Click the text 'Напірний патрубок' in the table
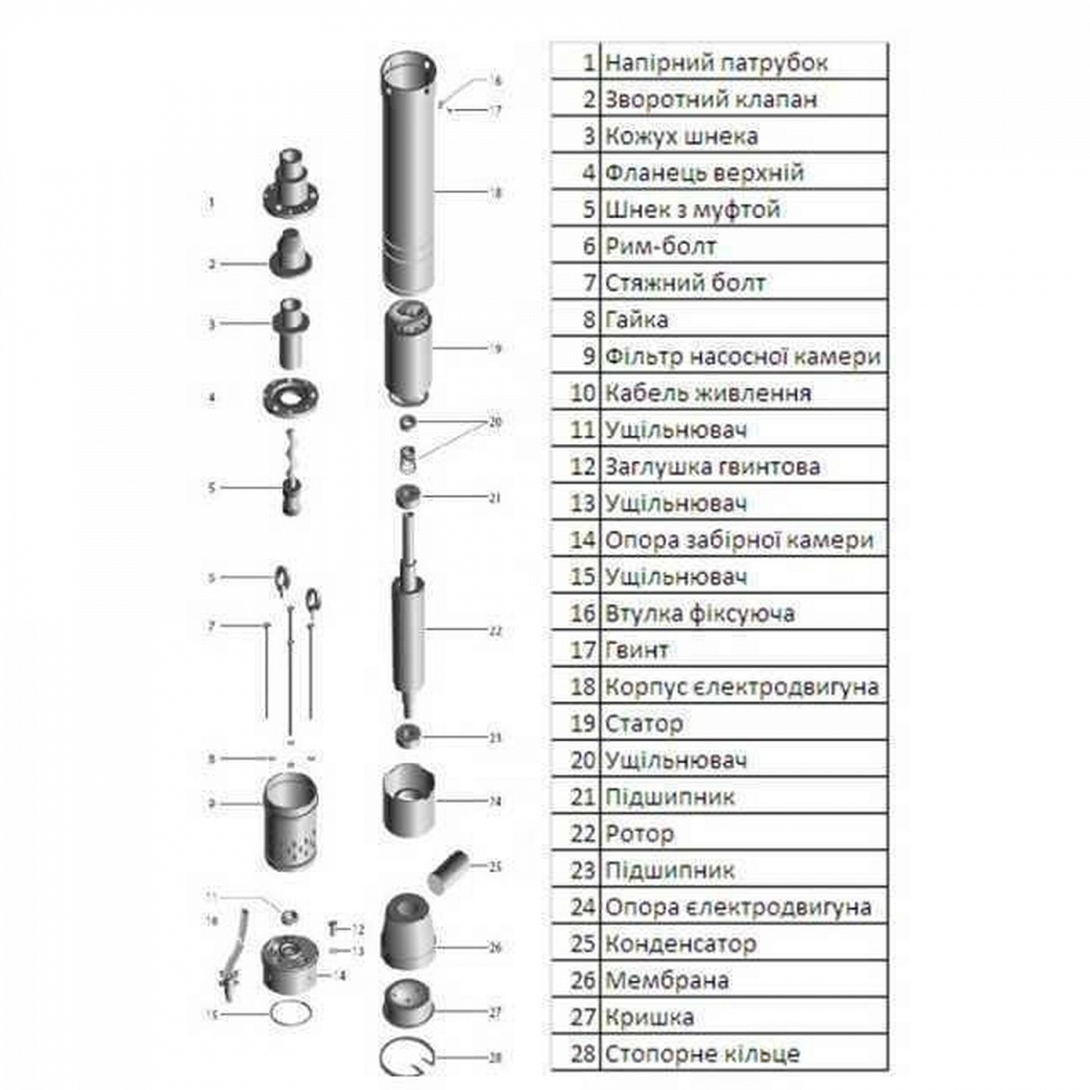(x=716, y=63)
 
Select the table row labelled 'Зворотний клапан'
(x=711, y=100)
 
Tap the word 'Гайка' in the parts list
(x=637, y=320)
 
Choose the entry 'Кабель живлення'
(x=708, y=393)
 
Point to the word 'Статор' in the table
(x=644, y=724)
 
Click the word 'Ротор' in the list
(x=639, y=833)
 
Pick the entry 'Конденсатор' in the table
(x=680, y=944)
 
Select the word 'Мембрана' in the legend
(x=666, y=980)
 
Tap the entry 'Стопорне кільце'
(x=702, y=1054)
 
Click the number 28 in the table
(x=583, y=1054)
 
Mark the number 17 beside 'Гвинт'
(x=583, y=650)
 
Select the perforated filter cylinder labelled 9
(x=291, y=821)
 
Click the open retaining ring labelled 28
(x=407, y=1058)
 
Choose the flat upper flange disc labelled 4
(x=291, y=397)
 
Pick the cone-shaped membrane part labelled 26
(x=408, y=934)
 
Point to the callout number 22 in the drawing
(x=495, y=631)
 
